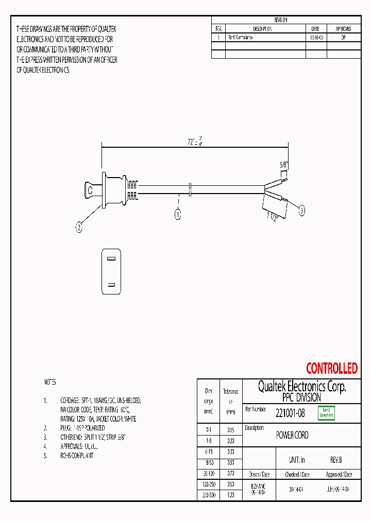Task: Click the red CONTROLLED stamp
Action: (331, 369)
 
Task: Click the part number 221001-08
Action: (290, 412)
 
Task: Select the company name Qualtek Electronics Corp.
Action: (301, 387)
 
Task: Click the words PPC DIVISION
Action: (301, 397)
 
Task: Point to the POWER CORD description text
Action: (292, 435)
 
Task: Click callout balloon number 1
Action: (178, 215)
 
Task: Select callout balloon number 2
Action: (79, 227)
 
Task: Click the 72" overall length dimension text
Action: (193, 141)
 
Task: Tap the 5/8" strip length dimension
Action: (283, 165)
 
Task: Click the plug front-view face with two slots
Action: (111, 271)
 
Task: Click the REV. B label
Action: (335, 460)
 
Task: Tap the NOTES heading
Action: (49, 383)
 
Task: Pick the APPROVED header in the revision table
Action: (343, 29)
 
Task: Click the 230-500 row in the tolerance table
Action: (209, 494)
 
